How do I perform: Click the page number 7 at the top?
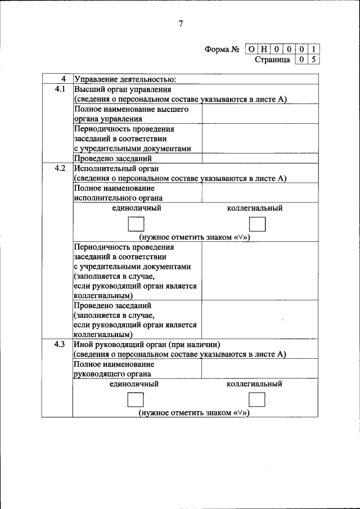(x=181, y=23)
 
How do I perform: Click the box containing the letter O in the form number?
(x=250, y=49)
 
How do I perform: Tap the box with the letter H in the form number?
(x=263, y=49)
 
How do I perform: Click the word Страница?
(x=272, y=60)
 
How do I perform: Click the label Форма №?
(x=223, y=49)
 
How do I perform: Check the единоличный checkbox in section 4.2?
(x=136, y=224)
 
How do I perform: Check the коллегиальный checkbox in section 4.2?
(x=256, y=224)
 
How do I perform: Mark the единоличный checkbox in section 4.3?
(x=136, y=400)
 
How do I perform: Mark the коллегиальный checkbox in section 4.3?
(x=256, y=400)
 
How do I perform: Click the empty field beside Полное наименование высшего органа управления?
(x=260, y=114)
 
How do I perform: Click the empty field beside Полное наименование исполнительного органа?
(x=260, y=193)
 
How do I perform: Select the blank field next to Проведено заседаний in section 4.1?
(x=260, y=159)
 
